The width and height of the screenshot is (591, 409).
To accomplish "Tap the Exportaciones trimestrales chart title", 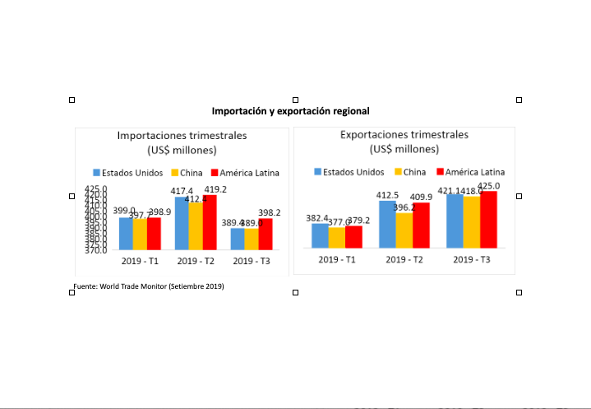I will (404, 141).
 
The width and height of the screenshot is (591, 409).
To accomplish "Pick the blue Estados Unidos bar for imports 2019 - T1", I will (126, 233).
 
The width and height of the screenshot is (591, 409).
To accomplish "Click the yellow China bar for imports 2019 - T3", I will (252, 239).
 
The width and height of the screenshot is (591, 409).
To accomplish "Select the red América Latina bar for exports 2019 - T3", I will (489, 220).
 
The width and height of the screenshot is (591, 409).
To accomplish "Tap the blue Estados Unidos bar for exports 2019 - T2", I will (387, 224).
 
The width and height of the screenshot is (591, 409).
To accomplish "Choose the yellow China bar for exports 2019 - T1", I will (336, 238).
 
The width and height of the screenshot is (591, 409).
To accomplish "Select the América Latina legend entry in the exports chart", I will (469, 172).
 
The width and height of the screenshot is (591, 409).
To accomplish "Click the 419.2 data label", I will (215, 189).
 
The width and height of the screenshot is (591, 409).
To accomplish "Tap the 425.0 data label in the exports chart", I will (489, 186).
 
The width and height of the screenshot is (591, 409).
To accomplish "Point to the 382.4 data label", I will (319, 218).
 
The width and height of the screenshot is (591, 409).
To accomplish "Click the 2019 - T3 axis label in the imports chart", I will (252, 261).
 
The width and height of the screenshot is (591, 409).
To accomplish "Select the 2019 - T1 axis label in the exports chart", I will (336, 259).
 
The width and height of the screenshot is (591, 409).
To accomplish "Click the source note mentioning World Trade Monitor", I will (149, 286).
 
